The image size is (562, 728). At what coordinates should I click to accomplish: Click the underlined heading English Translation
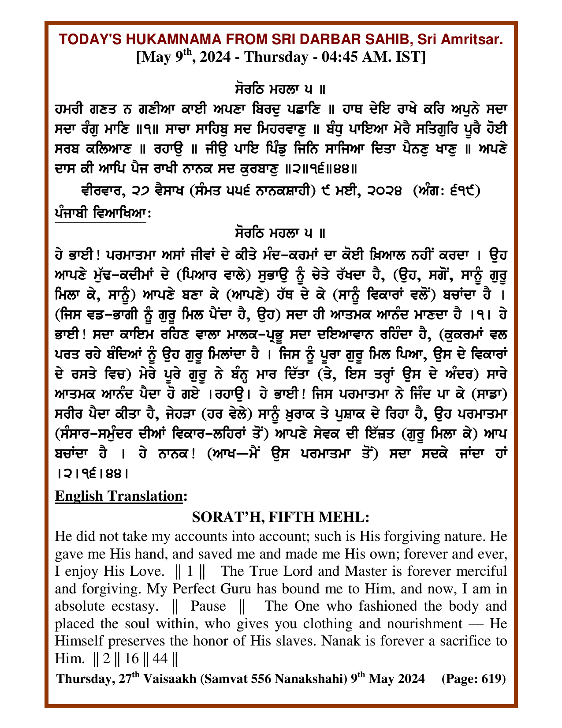tap(119, 496)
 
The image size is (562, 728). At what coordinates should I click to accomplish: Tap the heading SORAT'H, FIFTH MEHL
tap(280, 516)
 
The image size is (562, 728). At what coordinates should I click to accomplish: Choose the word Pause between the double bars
tap(208, 606)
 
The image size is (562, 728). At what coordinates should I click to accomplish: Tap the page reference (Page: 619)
tap(473, 678)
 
